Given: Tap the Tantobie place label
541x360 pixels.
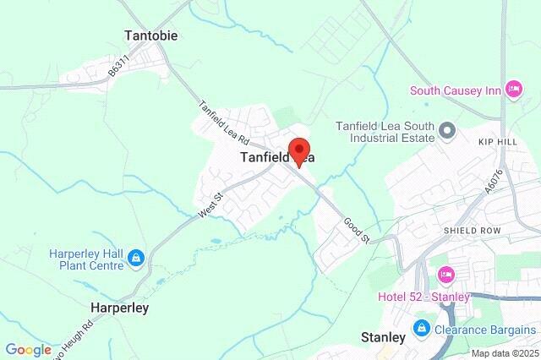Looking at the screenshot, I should pyautogui.click(x=151, y=36).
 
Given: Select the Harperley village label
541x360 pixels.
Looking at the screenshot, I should pyautogui.click(x=120, y=308).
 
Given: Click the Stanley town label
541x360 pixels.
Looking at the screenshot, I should pyautogui.click(x=383, y=336).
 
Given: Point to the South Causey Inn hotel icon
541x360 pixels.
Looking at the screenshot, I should pyautogui.click(x=513, y=90).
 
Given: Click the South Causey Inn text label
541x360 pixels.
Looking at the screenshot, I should pyautogui.click(x=456, y=90).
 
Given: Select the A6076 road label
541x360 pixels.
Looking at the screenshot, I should pyautogui.click(x=493, y=200).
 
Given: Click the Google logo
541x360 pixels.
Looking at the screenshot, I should pyautogui.click(x=28, y=350).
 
